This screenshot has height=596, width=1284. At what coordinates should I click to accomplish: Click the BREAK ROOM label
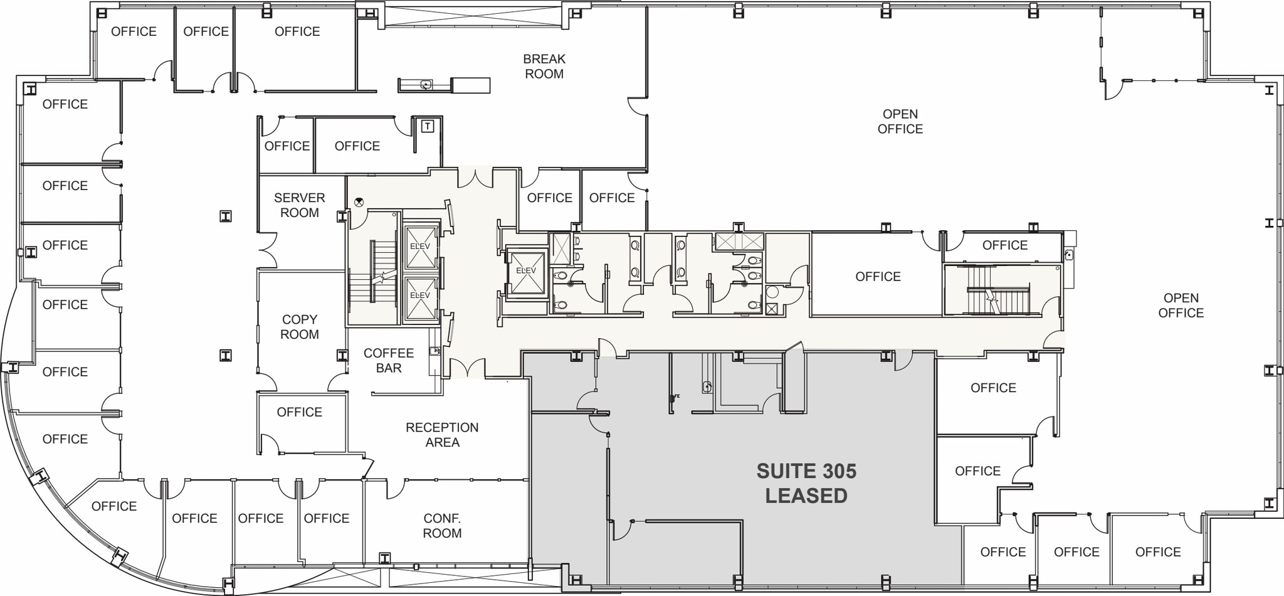[544, 67]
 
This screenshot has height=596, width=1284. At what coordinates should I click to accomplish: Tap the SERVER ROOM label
[299, 205]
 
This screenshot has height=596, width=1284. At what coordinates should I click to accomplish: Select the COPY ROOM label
[299, 327]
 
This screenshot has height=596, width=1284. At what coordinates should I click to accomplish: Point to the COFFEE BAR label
[388, 360]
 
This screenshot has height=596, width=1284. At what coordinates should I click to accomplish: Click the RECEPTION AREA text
[442, 435]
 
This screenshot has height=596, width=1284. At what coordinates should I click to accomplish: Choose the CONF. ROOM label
[442, 526]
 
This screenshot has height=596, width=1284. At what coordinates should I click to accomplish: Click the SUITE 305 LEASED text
[806, 483]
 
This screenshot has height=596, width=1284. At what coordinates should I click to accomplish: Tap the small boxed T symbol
[428, 127]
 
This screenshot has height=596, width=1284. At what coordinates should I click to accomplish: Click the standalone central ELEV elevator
[526, 271]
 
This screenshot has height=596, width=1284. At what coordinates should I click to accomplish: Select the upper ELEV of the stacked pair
[419, 247]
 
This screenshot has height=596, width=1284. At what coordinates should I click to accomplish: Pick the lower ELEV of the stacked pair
[419, 295]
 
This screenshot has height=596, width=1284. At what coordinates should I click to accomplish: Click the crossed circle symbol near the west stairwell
[359, 202]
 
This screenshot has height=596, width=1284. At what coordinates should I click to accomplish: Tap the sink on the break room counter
[426, 85]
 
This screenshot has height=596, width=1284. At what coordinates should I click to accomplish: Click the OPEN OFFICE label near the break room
[900, 121]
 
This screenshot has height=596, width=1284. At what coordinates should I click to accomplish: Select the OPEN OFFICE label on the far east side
[1181, 306]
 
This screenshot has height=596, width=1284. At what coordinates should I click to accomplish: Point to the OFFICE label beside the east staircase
[878, 277]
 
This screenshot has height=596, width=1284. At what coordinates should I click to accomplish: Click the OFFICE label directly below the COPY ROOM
[299, 412]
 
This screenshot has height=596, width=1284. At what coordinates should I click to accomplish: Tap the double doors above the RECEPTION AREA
[467, 369]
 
